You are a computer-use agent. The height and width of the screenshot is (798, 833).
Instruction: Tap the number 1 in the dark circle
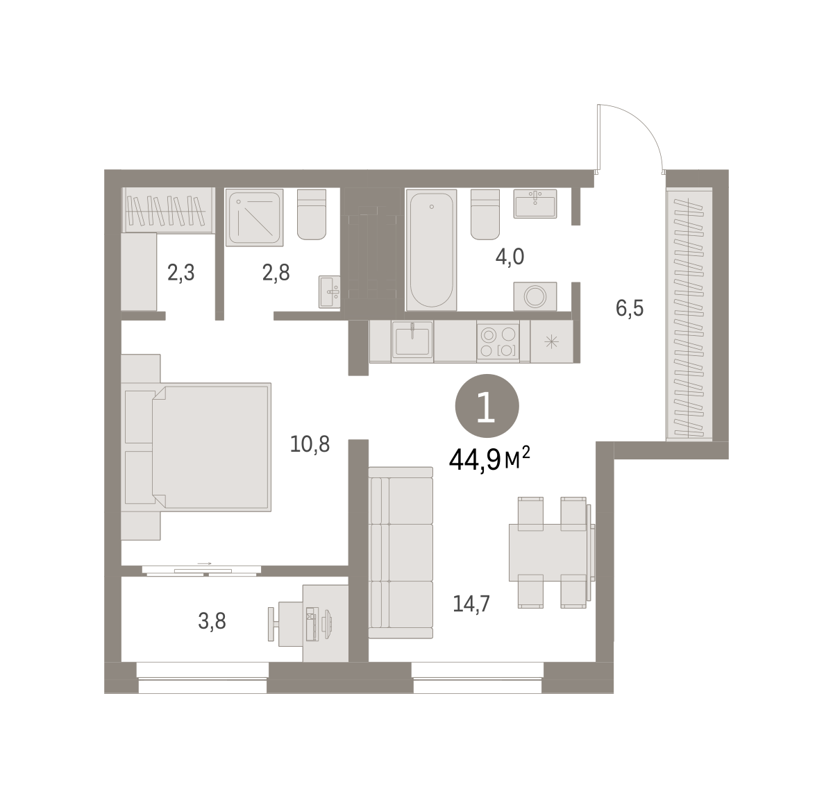point(487,407)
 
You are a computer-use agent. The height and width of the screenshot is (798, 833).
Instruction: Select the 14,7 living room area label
point(471,604)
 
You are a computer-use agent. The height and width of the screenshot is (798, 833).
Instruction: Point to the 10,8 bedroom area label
point(310,444)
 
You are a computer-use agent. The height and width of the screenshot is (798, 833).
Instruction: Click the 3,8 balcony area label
point(212,621)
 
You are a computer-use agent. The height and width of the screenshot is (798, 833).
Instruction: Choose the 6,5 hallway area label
point(630,308)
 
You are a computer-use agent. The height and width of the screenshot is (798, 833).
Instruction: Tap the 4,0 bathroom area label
point(510,257)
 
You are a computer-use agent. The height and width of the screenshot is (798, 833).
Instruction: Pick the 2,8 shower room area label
point(276,273)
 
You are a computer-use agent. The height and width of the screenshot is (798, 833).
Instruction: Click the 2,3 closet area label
point(181,273)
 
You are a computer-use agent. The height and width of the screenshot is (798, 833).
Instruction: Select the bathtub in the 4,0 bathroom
point(431,250)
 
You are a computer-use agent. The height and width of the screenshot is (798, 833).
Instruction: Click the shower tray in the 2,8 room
point(255,218)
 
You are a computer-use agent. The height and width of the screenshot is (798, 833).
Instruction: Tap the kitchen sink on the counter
point(412,340)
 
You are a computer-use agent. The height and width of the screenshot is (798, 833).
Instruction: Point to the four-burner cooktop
point(498,341)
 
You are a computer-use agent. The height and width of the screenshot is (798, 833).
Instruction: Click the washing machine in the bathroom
point(535,296)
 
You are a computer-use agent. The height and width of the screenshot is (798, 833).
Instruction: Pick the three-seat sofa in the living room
point(401,553)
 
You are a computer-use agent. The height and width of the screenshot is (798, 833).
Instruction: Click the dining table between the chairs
point(552,552)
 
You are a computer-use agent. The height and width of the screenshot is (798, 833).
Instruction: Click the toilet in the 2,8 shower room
point(312,214)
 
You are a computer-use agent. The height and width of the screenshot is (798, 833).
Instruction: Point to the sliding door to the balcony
point(201,570)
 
